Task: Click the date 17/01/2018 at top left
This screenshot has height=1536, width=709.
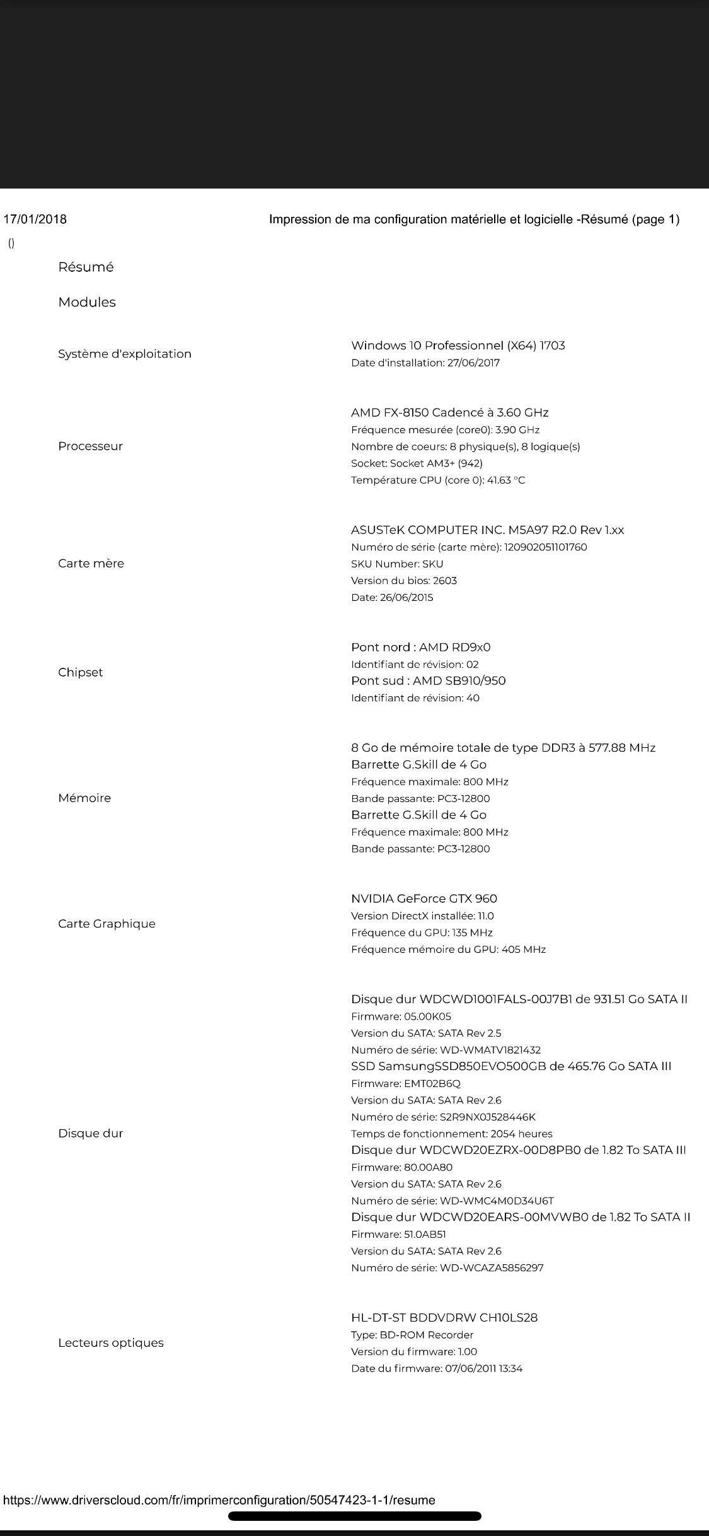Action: pyautogui.click(x=35, y=219)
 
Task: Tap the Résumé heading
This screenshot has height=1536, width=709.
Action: pyautogui.click(x=86, y=267)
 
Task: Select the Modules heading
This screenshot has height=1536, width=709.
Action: pyautogui.click(x=87, y=302)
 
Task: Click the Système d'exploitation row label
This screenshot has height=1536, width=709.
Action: pyautogui.click(x=125, y=354)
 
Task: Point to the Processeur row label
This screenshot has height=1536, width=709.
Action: pyautogui.click(x=90, y=446)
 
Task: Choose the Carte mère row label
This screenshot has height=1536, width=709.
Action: pyautogui.click(x=91, y=564)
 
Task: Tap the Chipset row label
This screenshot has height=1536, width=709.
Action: pyautogui.click(x=80, y=672)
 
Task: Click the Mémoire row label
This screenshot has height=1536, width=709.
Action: pyautogui.click(x=84, y=798)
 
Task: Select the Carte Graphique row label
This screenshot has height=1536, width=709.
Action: pyautogui.click(x=107, y=924)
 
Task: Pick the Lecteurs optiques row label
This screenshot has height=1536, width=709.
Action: pyautogui.click(x=111, y=1343)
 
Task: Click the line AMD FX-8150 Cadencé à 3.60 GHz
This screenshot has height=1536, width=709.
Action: pyautogui.click(x=449, y=412)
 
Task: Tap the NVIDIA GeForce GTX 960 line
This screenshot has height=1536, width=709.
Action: pyautogui.click(x=424, y=899)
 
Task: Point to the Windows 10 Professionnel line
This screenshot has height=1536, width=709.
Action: pyautogui.click(x=458, y=346)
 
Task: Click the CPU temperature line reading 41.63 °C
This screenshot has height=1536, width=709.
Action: pyautogui.click(x=437, y=480)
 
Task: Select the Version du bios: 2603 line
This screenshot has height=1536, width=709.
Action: pyautogui.click(x=403, y=581)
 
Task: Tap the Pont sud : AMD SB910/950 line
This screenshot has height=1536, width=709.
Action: pyautogui.click(x=428, y=681)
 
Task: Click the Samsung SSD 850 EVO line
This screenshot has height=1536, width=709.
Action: pyautogui.click(x=510, y=1066)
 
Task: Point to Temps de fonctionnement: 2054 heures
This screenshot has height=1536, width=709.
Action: pyautogui.click(x=451, y=1134)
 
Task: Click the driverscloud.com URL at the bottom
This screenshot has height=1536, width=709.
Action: pyautogui.click(x=219, y=1500)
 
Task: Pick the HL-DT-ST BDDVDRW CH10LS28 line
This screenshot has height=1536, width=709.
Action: pyautogui.click(x=444, y=1317)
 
